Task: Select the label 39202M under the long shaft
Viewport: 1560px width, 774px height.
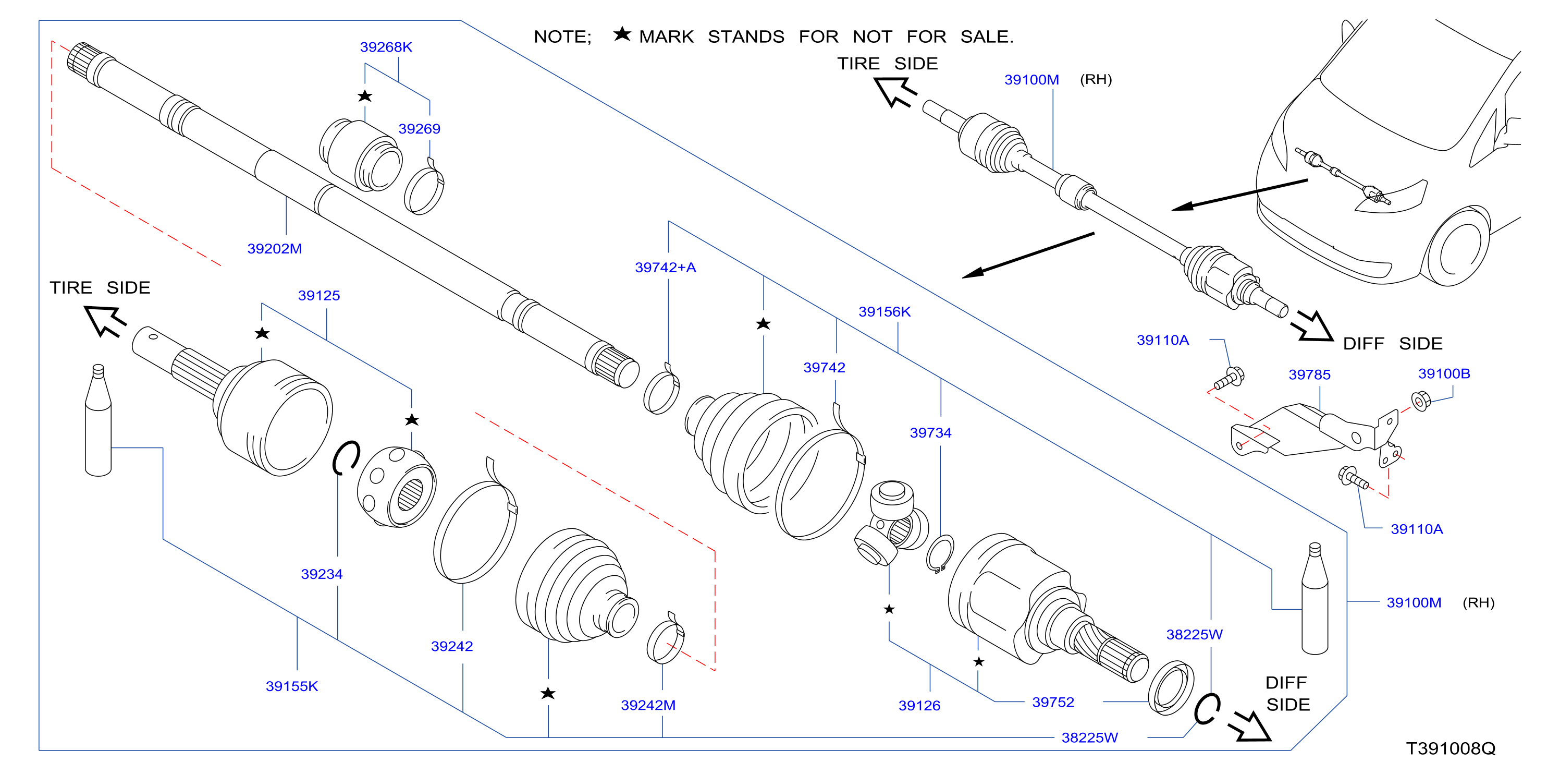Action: pos(274,248)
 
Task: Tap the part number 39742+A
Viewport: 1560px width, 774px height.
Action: pos(665,267)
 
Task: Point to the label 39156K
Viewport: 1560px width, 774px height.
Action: pos(884,311)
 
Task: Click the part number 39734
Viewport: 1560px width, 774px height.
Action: pos(930,433)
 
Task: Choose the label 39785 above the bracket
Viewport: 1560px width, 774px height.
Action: pos(1309,374)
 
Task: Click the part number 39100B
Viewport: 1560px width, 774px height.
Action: pos(1444,373)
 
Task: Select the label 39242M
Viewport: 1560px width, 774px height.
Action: pos(648,705)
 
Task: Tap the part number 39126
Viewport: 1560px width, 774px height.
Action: pos(919,706)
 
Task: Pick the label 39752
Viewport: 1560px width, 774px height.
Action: pos(1053,702)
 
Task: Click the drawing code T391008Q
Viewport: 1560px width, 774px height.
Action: pos(1451,748)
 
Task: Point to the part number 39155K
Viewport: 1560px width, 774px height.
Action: pos(292,686)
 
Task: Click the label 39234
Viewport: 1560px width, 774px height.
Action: pos(322,574)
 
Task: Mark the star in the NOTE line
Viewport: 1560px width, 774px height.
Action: pos(622,34)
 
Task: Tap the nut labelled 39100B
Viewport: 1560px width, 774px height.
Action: pos(1420,401)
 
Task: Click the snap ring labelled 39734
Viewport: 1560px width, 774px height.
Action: pos(939,553)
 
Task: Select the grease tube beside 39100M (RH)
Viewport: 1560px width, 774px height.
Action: pos(1315,598)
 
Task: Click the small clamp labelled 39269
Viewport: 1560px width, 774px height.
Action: pos(424,188)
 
